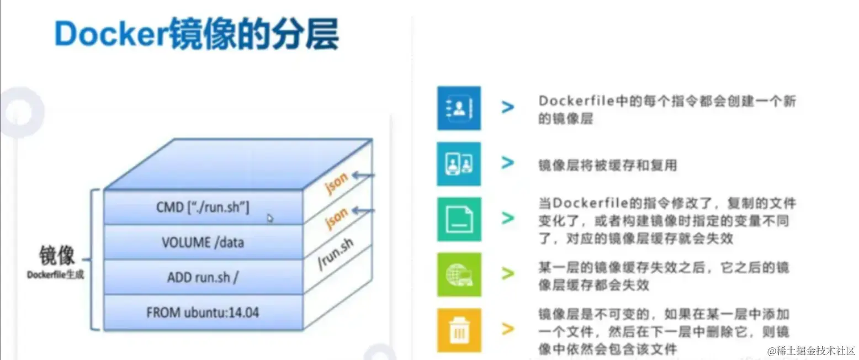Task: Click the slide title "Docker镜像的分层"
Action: pos(196,34)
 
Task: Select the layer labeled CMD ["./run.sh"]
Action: pos(203,208)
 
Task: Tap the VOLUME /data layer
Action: pos(203,242)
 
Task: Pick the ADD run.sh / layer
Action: pos(203,277)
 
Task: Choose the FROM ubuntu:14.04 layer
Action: pos(203,313)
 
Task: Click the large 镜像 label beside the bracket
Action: pos(56,256)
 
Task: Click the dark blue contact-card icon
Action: pos(459,108)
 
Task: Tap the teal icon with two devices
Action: pos(459,163)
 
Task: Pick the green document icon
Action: pos(459,219)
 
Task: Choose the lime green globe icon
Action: pos(459,274)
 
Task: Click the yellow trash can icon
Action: pos(459,330)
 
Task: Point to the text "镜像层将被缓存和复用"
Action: pos(607,165)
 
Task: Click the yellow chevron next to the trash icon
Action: pos(508,330)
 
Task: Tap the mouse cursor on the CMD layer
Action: pos(270,218)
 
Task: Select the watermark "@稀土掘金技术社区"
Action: pos(810,351)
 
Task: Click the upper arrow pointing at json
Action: pos(364,176)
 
